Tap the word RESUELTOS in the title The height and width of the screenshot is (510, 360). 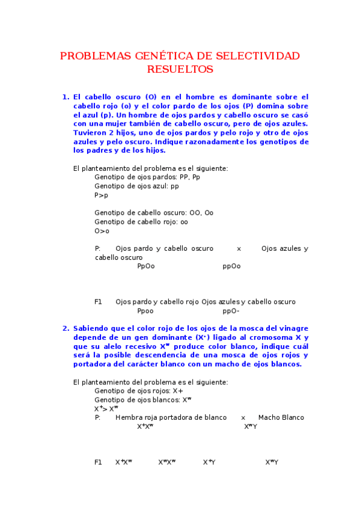[x=180, y=69]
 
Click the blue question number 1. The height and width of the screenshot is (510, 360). [x=66, y=96]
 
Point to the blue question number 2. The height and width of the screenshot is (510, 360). [x=66, y=328]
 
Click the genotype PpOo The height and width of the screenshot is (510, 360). [x=145, y=266]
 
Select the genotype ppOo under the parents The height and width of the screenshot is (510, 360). [x=231, y=266]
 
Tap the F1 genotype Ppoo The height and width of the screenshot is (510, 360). [x=145, y=311]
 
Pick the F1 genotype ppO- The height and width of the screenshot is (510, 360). [x=231, y=311]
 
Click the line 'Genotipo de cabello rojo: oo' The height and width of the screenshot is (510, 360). [x=141, y=222]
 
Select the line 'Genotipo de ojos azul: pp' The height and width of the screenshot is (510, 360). [x=136, y=186]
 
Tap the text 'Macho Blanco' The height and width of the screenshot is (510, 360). [x=281, y=417]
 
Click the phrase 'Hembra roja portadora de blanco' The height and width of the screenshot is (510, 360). [x=171, y=417]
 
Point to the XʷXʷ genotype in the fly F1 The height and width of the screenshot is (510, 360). [x=167, y=462]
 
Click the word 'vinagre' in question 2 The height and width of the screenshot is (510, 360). [x=291, y=328]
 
